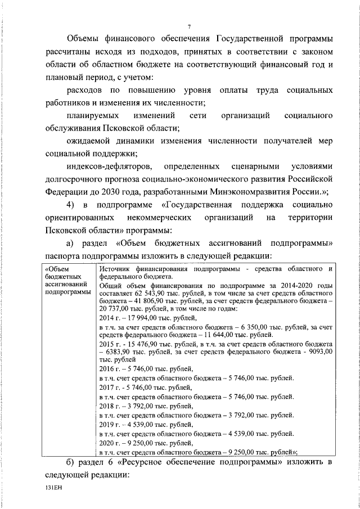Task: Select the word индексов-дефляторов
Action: point(110,167)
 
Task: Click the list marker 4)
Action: point(71,204)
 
